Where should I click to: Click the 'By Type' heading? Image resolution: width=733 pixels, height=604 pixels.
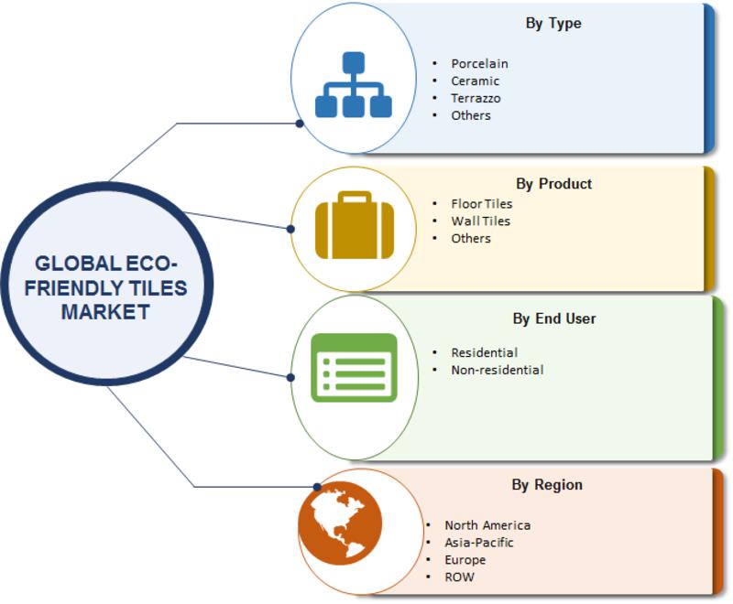[553, 24]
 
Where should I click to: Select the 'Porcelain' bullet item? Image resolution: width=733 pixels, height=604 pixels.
[479, 63]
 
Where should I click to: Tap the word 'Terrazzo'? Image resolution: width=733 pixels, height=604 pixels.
[476, 98]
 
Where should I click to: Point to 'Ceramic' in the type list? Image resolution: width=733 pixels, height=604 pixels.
[475, 81]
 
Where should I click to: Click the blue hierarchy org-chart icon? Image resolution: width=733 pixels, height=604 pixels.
[354, 84]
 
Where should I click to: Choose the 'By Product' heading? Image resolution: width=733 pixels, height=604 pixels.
[554, 184]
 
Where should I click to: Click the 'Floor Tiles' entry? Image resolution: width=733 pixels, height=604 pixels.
[482, 204]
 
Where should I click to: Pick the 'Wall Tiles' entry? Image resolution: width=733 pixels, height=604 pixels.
[480, 221]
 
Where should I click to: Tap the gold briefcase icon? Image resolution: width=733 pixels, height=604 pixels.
[355, 225]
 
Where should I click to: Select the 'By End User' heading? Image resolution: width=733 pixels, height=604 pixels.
[554, 318]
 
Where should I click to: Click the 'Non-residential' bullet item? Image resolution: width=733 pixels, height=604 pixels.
[497, 370]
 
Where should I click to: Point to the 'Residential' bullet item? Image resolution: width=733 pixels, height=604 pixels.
[485, 353]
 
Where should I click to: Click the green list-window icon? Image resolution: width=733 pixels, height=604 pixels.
[354, 368]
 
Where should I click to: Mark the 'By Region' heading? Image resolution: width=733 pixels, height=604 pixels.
[547, 485]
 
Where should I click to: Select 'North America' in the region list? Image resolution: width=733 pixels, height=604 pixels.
[487, 525]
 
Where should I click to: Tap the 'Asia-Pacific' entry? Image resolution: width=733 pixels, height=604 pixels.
[478, 543]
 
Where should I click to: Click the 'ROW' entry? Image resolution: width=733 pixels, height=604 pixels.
[459, 577]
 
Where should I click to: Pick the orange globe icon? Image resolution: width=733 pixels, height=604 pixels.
[340, 523]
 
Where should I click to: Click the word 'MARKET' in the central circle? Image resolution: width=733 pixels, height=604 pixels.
[105, 312]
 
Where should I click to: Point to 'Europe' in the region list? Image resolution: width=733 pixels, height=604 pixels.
[465, 560]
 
